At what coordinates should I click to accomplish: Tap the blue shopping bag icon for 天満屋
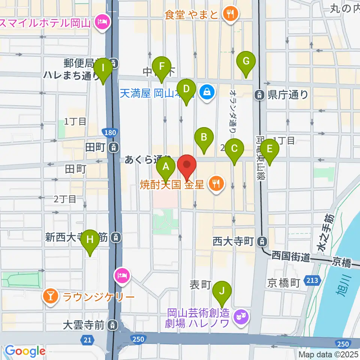coord(206,90)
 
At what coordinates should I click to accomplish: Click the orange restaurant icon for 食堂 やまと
coord(229,15)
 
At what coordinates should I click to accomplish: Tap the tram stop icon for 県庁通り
coord(259,95)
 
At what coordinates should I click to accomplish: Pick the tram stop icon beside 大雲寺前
coord(112,325)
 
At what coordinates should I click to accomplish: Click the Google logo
coord(25,351)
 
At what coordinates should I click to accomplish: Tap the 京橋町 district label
coord(283,283)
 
